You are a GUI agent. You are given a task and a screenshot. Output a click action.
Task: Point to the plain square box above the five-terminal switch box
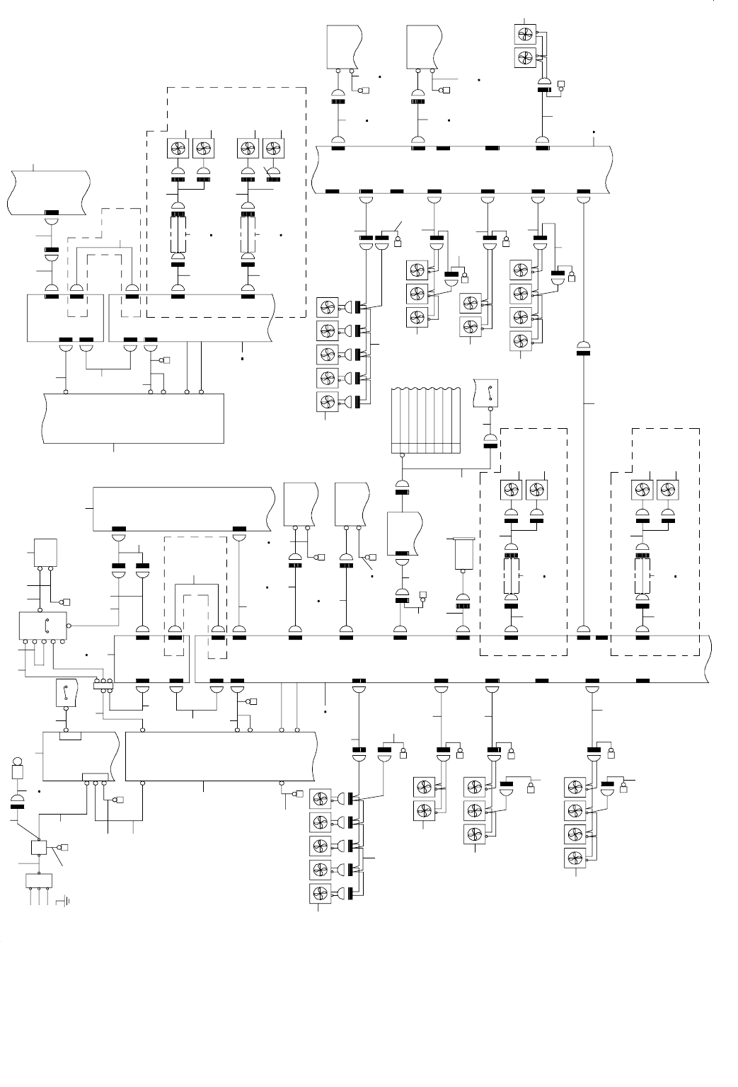[45, 552]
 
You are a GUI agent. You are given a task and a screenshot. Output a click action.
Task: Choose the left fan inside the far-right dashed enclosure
[642, 490]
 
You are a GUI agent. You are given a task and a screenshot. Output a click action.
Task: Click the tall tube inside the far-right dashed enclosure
[642, 575]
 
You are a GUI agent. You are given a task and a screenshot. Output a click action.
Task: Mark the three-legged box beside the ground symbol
[40, 881]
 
